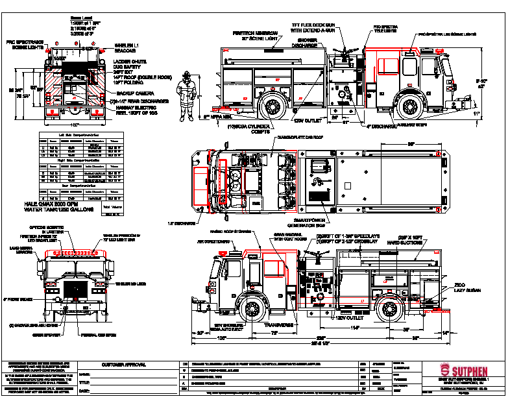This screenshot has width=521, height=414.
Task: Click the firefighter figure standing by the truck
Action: pos(187,97)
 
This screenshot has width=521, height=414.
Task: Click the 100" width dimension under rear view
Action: pos(74,125)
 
